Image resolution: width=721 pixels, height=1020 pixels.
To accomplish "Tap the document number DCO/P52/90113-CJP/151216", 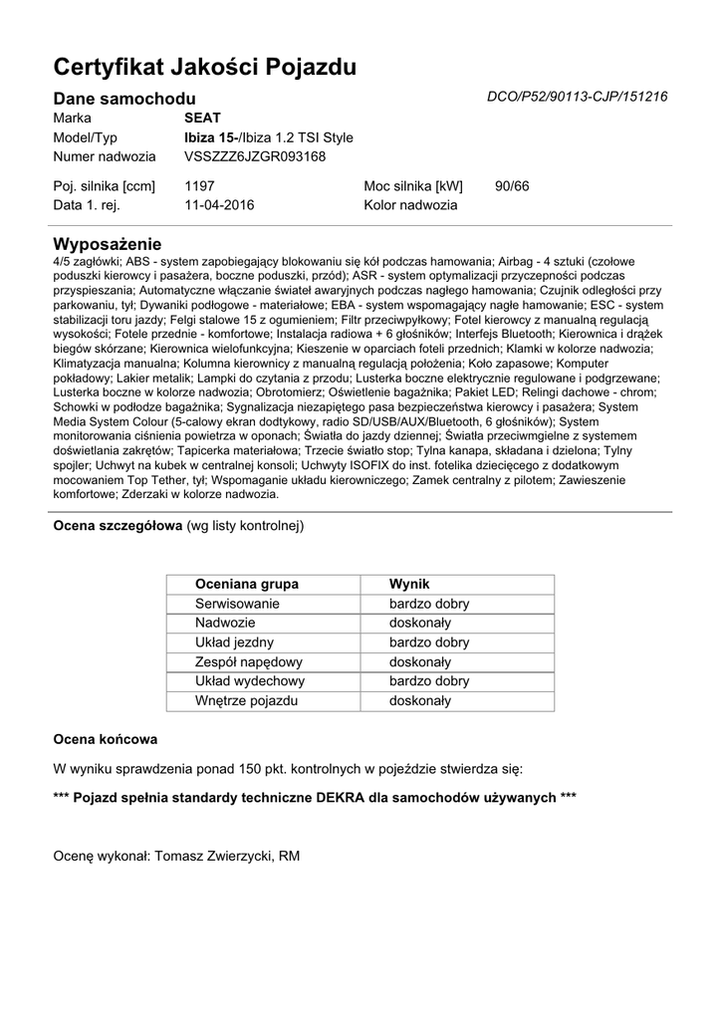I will click(577, 97).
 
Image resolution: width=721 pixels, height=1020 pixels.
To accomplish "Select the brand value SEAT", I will click(202, 118).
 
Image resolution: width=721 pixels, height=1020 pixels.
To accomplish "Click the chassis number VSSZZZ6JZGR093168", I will click(255, 156).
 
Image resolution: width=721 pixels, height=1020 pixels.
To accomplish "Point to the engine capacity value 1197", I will click(199, 186).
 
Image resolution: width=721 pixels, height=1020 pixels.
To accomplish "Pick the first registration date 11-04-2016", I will click(219, 205).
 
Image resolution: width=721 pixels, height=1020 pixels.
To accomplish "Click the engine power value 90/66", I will click(512, 186).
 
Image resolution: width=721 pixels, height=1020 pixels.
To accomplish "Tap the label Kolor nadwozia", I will click(410, 205).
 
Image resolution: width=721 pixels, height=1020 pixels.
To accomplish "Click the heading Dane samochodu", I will click(123, 98).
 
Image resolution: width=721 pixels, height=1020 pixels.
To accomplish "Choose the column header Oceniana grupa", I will click(247, 584).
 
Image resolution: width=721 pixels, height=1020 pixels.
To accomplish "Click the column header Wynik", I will click(408, 584).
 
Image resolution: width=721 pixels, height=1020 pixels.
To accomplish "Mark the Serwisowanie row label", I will click(237, 604).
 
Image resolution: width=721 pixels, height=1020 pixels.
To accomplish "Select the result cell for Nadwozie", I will click(420, 623).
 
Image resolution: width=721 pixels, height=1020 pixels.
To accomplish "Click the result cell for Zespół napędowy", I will click(420, 661).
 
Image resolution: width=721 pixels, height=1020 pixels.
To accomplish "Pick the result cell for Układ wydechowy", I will click(428, 681).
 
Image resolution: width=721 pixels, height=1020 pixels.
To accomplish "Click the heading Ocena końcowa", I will click(104, 740).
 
